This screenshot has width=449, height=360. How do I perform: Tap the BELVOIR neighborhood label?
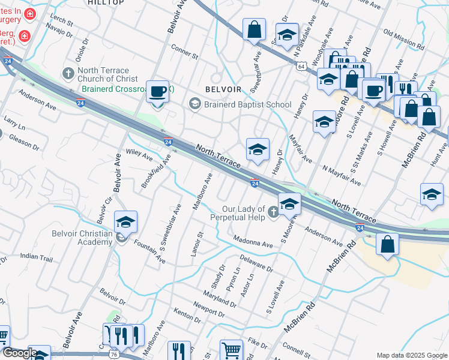coord(223,89)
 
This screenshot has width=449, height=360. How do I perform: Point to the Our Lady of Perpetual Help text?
coord(243,213)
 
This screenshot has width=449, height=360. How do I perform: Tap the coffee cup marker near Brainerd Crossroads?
coord(158,92)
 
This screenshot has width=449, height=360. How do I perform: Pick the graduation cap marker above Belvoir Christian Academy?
coord(125,222)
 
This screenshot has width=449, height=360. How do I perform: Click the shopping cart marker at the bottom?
coord(231,349)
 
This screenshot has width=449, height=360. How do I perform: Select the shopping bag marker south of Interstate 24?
coord(388,244)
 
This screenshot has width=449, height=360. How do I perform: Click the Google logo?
coord(20,353)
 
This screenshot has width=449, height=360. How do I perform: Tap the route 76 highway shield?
coord(113,355)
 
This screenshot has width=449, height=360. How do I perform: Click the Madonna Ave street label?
coord(253,243)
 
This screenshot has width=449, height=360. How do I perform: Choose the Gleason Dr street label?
coord(24,142)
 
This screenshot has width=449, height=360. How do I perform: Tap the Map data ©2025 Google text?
coord(411,355)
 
